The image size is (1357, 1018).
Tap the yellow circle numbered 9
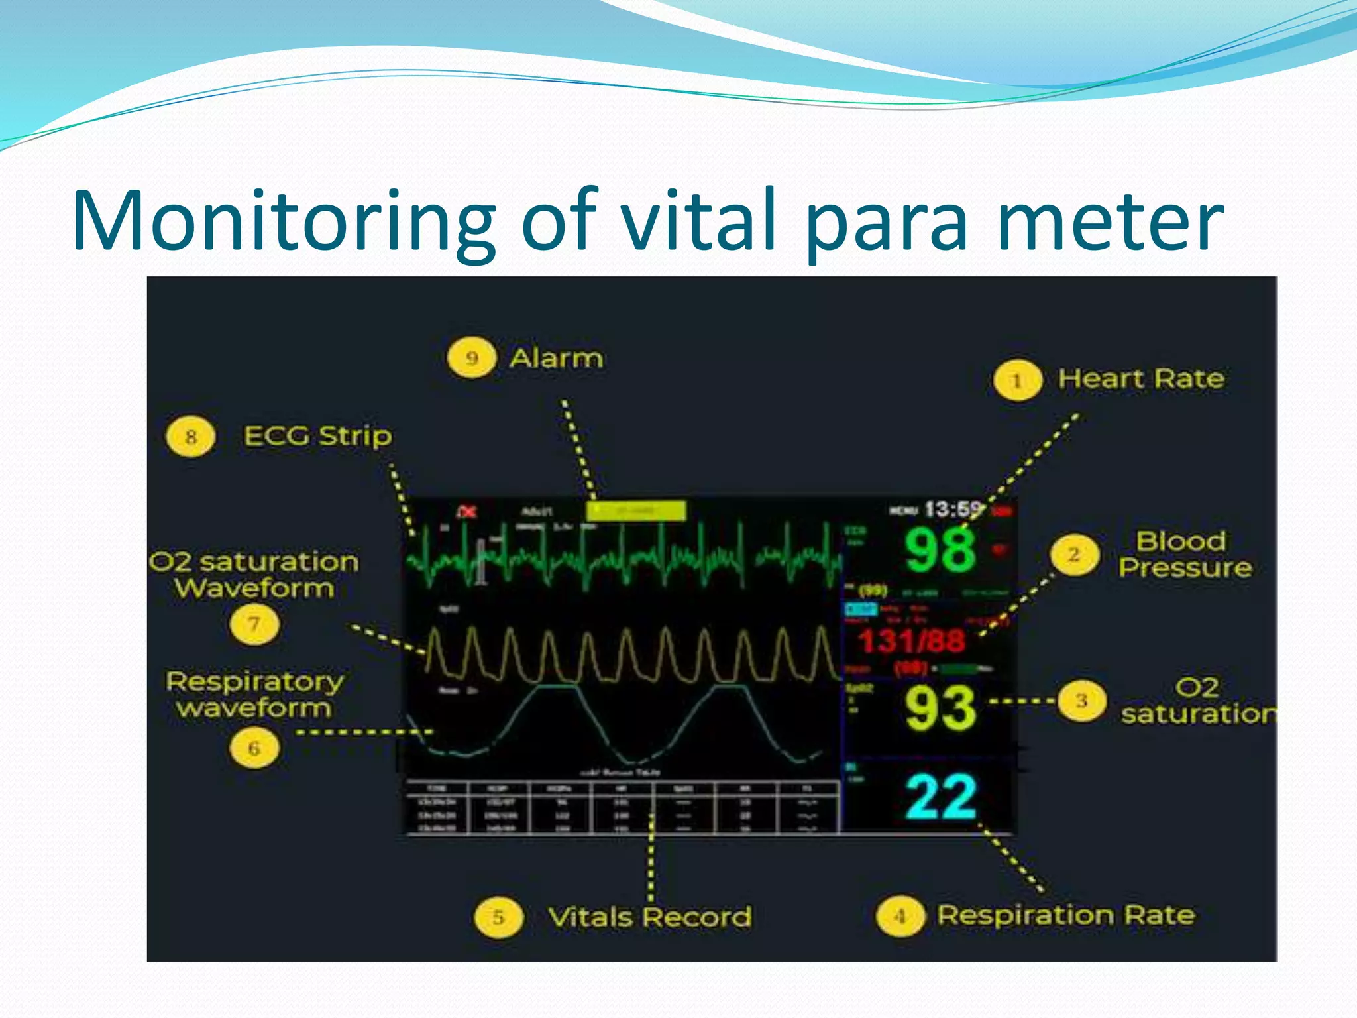[471, 358]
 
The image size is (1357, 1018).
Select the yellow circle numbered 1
[1016, 380]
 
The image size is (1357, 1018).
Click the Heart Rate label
[1141, 379]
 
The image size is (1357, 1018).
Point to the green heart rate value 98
[940, 550]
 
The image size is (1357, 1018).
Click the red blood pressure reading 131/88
[911, 641]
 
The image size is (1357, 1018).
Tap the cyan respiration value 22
[940, 797]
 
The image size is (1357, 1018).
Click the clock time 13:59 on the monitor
[952, 510]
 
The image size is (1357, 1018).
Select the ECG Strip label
[317, 436]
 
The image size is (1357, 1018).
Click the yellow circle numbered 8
[190, 437]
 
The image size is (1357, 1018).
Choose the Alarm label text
[556, 359]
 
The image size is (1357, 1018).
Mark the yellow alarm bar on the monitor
[635, 511]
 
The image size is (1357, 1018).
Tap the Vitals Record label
[649, 917]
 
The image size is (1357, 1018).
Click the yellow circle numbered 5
[498, 917]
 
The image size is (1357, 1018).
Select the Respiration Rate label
[1065, 915]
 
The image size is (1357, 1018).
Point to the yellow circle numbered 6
[254, 748]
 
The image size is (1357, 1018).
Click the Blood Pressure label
[1185, 555]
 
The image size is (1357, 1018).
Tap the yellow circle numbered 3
[1081, 701]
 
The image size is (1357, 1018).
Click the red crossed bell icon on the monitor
[467, 512]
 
